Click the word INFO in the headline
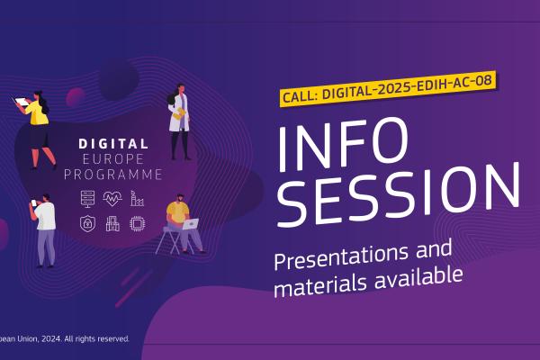(x=343, y=144)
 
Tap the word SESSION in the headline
(x=399, y=194)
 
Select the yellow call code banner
(x=387, y=89)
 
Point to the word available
(x=418, y=278)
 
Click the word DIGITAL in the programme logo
(x=113, y=144)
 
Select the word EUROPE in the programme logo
(x=113, y=159)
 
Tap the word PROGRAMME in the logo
(x=113, y=175)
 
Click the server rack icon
(x=87, y=199)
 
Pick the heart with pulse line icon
(x=112, y=199)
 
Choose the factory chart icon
(x=137, y=199)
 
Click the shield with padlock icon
(x=87, y=223)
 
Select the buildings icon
(x=112, y=224)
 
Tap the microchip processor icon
(x=137, y=224)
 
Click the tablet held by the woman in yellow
(x=21, y=102)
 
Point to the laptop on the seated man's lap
(x=191, y=224)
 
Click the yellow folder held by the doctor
(x=179, y=113)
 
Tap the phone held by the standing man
(x=34, y=202)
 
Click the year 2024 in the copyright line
(x=51, y=339)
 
